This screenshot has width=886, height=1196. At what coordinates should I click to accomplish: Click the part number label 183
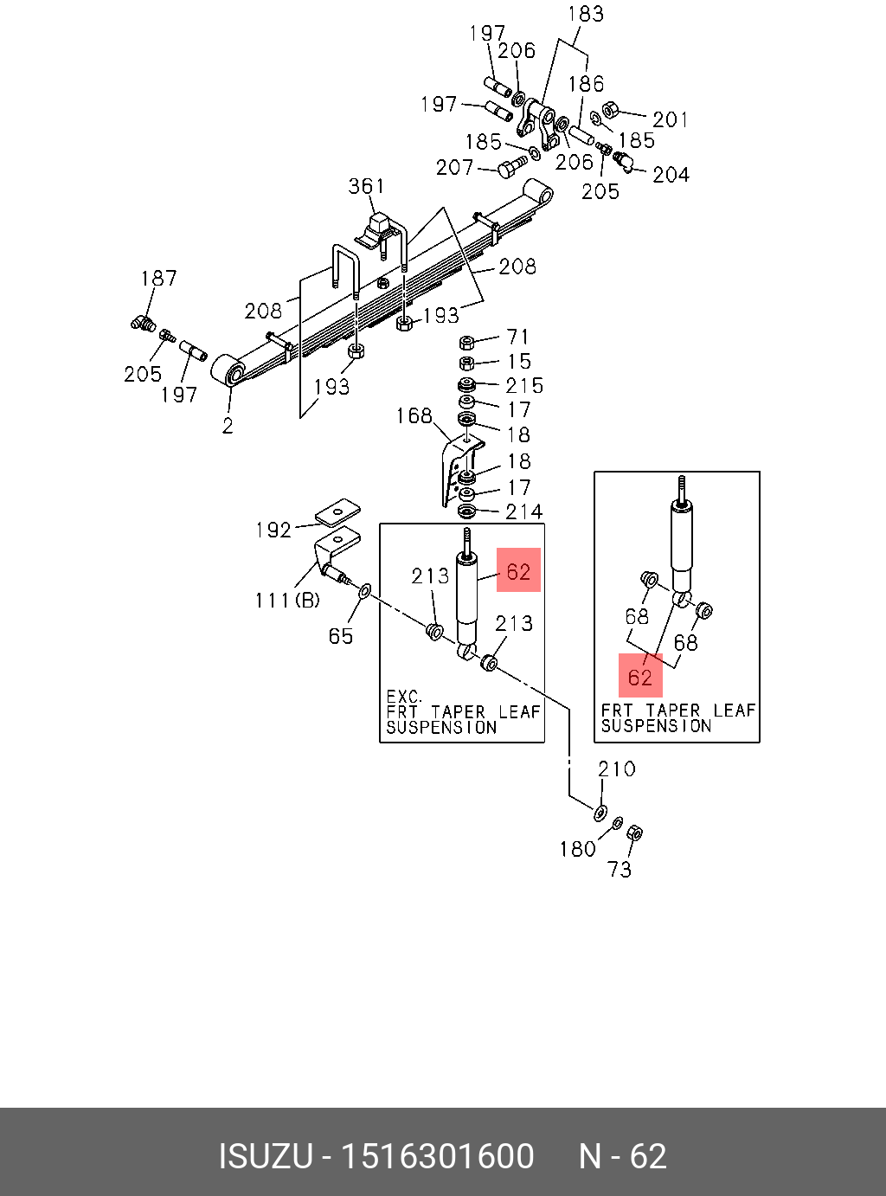tap(586, 14)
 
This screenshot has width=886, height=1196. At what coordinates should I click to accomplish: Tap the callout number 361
tap(366, 187)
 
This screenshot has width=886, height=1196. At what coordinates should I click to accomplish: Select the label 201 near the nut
tap(671, 119)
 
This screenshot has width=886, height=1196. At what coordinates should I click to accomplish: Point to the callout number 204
tap(671, 175)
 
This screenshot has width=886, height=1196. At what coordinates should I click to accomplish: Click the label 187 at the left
tap(158, 279)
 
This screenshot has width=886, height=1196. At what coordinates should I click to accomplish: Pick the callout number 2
tap(228, 426)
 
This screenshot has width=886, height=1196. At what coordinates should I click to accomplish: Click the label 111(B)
tap(287, 600)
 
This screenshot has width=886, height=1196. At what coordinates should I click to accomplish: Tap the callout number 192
tap(273, 530)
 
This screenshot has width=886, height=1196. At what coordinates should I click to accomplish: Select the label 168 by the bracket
tap(414, 415)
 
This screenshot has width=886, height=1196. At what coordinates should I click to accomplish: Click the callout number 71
tap(517, 337)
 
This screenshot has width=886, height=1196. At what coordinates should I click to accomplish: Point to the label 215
tap(524, 386)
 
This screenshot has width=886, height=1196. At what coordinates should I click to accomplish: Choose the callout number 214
tap(524, 511)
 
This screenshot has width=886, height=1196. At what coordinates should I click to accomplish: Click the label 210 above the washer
tap(617, 769)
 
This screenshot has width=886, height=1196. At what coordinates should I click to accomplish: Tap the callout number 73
tap(619, 870)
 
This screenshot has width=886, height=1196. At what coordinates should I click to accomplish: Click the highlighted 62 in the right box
tap(640, 678)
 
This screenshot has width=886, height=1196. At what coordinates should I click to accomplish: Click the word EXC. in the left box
tap(404, 696)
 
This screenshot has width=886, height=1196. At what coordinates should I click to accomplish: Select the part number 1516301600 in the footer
tap(438, 1156)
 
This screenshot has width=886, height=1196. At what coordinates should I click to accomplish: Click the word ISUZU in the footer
tap(266, 1156)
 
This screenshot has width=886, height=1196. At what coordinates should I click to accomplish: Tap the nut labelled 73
tap(635, 833)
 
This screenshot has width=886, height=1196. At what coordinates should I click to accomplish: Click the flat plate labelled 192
tap(338, 511)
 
